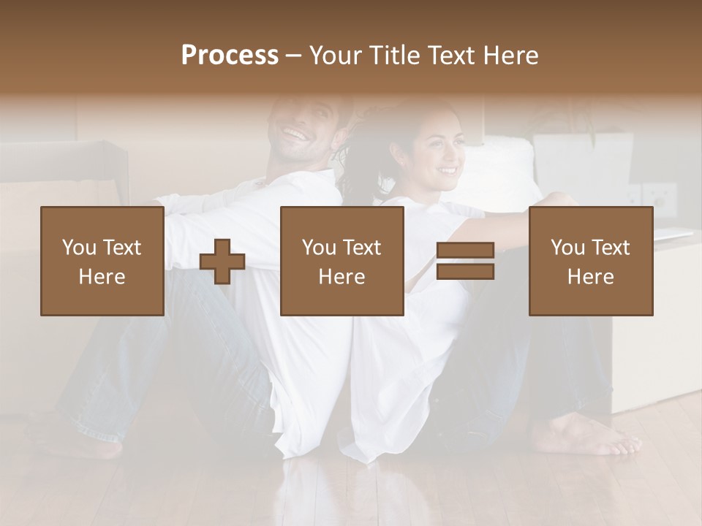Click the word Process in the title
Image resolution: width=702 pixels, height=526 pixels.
pos(230,56)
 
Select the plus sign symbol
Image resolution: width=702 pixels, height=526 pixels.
pos(222,262)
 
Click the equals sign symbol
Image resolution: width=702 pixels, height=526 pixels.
pos(465,262)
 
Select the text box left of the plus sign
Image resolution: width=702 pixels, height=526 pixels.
pos(102,262)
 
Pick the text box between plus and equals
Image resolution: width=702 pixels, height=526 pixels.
pos(342,262)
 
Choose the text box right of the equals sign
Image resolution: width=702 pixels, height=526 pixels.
pos(591,262)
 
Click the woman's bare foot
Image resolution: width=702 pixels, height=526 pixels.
pos(585,438)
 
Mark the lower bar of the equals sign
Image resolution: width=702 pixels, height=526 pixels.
pos(465,272)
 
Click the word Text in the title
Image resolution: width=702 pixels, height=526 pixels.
pos(453,56)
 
